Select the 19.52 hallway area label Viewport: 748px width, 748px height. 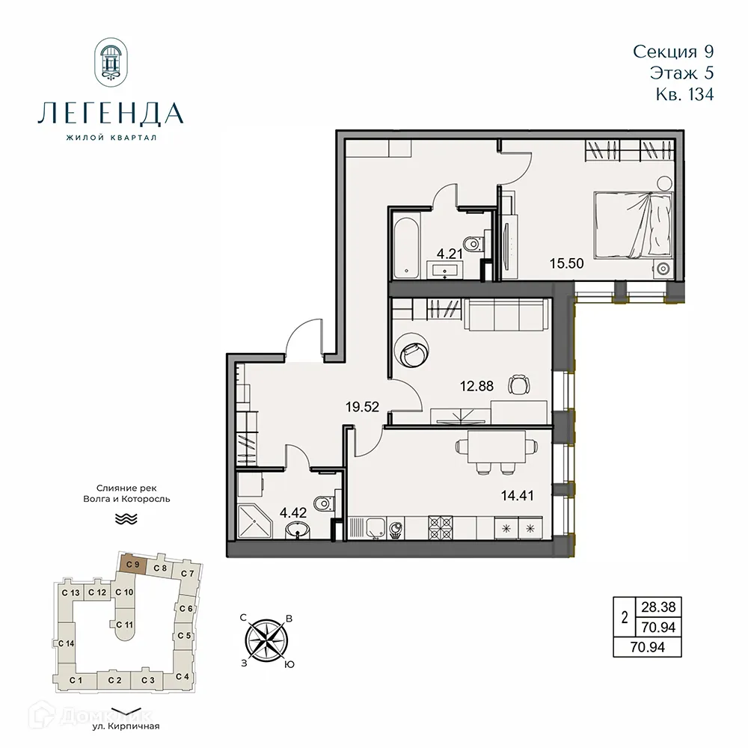(x=363, y=407)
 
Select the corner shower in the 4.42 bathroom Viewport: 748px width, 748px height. (x=254, y=524)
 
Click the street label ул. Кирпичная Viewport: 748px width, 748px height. (x=126, y=726)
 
